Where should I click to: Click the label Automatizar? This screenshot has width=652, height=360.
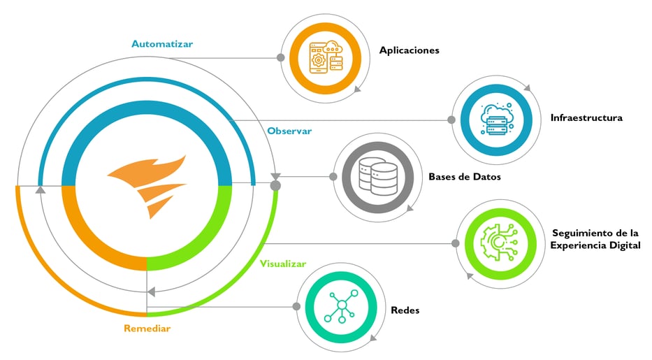point(162,43)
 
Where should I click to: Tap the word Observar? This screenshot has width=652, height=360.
point(289,131)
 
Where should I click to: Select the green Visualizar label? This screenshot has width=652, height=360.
point(283,264)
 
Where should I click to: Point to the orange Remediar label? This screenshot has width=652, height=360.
point(147,328)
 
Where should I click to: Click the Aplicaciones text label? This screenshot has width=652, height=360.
point(409,50)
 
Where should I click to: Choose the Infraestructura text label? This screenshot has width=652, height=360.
point(586,117)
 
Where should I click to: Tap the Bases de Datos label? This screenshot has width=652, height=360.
point(464,177)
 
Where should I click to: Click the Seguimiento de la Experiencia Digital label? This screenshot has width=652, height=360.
point(595,239)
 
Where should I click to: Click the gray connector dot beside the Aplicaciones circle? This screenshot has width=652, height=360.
point(280,57)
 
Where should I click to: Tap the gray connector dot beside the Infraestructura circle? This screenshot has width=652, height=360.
point(451,120)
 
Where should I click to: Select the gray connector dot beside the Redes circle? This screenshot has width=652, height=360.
point(296,306)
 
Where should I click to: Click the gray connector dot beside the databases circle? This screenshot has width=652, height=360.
point(333,177)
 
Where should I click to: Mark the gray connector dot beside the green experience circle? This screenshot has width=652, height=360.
point(456,243)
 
